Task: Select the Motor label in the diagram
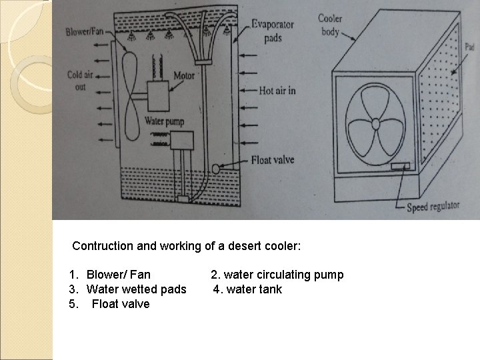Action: (183, 75)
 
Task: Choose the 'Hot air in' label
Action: (277, 90)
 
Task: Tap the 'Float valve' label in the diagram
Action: (273, 160)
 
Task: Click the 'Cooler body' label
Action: (329, 25)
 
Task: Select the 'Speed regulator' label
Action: (433, 206)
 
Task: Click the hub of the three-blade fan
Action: (375, 123)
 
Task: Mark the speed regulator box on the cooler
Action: (401, 167)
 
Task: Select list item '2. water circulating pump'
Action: (277, 275)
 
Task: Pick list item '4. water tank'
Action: (248, 289)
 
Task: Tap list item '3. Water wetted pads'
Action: (127, 289)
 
